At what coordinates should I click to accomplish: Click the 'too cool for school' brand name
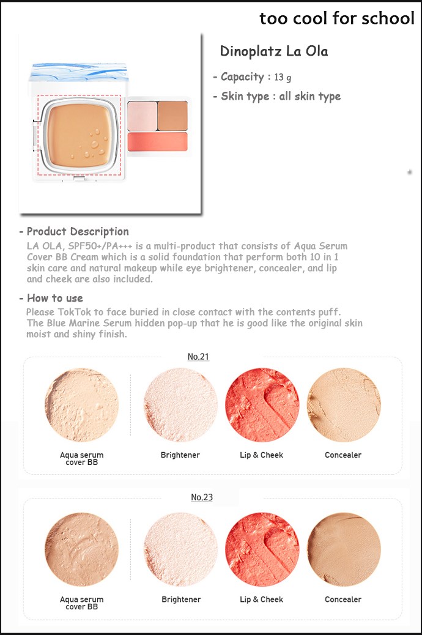click(x=336, y=18)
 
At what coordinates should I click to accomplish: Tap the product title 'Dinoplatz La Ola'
click(x=274, y=51)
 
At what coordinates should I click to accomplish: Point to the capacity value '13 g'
click(x=283, y=77)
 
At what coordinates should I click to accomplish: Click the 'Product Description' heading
click(x=78, y=231)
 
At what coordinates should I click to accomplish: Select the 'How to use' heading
click(x=55, y=298)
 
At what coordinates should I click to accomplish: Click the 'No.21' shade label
click(x=198, y=357)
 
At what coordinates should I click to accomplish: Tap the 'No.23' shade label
click(x=202, y=497)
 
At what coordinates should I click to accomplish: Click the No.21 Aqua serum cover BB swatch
click(x=82, y=404)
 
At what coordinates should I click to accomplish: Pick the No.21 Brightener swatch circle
click(x=180, y=404)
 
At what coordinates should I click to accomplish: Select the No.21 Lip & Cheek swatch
click(x=262, y=404)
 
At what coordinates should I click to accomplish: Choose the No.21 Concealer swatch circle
click(x=344, y=404)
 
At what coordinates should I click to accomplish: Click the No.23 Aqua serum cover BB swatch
click(x=82, y=549)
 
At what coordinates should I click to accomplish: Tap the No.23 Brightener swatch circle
click(x=180, y=549)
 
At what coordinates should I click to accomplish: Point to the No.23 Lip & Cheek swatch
click(x=262, y=549)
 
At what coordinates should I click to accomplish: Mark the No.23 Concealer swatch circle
click(x=344, y=549)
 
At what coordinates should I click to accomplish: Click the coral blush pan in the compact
click(x=158, y=142)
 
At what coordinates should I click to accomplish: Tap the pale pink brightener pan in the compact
click(x=142, y=116)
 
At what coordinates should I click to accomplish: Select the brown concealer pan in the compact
click(x=172, y=116)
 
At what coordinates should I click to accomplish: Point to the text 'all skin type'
click(x=310, y=97)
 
